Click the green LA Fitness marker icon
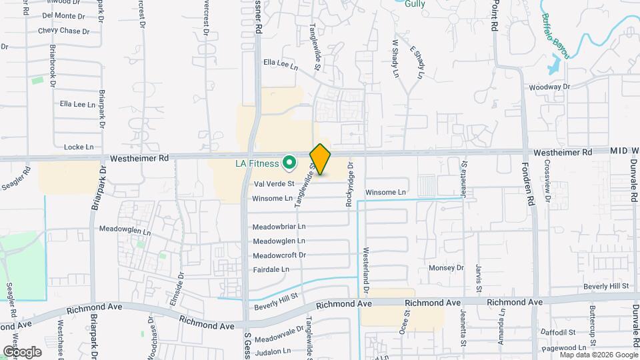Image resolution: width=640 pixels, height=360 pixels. (x=289, y=162)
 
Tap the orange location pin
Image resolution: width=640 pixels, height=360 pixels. (x=321, y=160)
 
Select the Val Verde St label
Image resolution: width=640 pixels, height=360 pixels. (x=274, y=183)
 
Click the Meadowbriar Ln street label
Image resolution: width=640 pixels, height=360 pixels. (x=279, y=226)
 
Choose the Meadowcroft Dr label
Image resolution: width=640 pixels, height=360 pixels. (x=279, y=255)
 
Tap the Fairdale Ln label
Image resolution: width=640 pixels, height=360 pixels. (x=271, y=269)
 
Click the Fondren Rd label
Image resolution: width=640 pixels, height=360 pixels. (x=532, y=190)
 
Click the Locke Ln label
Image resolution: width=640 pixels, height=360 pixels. (x=79, y=147)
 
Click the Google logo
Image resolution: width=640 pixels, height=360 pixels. (x=22, y=351)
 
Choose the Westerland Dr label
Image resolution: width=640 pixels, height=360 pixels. (x=366, y=270)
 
